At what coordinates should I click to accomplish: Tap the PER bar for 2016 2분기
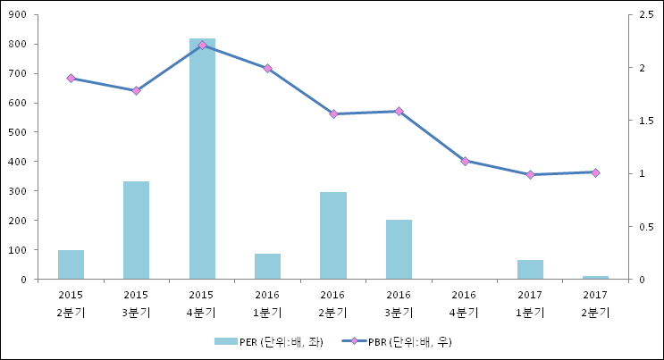(x=333, y=236)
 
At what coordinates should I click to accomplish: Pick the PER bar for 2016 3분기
(x=399, y=249)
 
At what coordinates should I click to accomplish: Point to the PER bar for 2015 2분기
(x=71, y=264)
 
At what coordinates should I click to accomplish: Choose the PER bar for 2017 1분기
(x=530, y=270)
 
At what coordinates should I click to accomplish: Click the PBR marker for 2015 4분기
(x=202, y=45)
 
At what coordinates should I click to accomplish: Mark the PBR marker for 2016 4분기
(x=465, y=161)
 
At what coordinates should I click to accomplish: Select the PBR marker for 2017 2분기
(x=596, y=172)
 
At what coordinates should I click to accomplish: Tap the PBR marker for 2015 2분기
(x=71, y=79)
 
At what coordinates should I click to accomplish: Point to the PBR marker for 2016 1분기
(x=267, y=68)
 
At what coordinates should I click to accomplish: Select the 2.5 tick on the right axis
(x=641, y=15)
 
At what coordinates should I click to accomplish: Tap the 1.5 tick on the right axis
(x=641, y=121)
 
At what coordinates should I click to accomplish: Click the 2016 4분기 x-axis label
(x=464, y=304)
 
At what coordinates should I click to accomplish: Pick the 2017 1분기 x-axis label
(x=530, y=304)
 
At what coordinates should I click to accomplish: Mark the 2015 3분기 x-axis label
(x=136, y=304)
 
